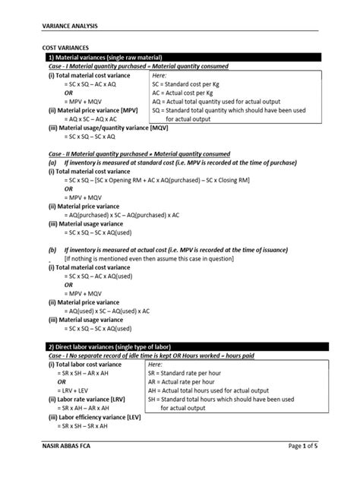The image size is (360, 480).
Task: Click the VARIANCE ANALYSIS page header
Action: [x=69, y=25]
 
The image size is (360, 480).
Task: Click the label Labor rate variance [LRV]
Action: [x=86, y=398]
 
